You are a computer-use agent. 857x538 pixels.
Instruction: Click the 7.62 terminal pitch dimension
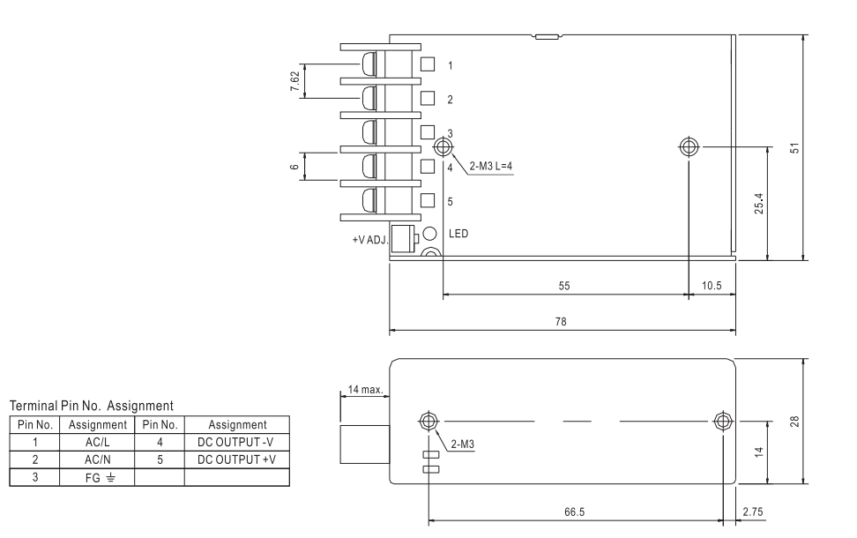295,81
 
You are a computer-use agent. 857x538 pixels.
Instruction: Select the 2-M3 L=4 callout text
491,166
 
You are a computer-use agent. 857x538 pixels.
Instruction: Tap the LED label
458,234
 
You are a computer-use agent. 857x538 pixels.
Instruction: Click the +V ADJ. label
370,240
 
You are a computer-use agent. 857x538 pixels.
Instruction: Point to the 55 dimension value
564,286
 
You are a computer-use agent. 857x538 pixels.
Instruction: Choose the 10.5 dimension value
712,286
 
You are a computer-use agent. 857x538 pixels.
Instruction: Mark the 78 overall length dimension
561,322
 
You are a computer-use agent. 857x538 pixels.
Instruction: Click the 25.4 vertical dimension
758,203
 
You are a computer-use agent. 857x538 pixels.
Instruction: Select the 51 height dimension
794,147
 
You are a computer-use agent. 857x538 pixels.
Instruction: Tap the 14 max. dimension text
366,389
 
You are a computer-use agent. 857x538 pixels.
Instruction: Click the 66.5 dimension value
575,512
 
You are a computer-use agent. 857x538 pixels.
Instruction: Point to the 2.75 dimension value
753,512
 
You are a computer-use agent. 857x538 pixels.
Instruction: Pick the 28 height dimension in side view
794,421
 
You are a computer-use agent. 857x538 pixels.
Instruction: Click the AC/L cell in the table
97,443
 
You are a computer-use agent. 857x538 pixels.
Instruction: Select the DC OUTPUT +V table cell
236,460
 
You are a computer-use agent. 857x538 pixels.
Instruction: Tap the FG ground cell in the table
97,478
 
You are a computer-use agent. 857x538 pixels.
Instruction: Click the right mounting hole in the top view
689,147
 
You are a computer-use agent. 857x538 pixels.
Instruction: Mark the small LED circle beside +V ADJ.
430,234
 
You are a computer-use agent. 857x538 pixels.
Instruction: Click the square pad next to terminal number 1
428,64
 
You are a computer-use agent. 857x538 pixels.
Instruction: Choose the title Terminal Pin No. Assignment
92,406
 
